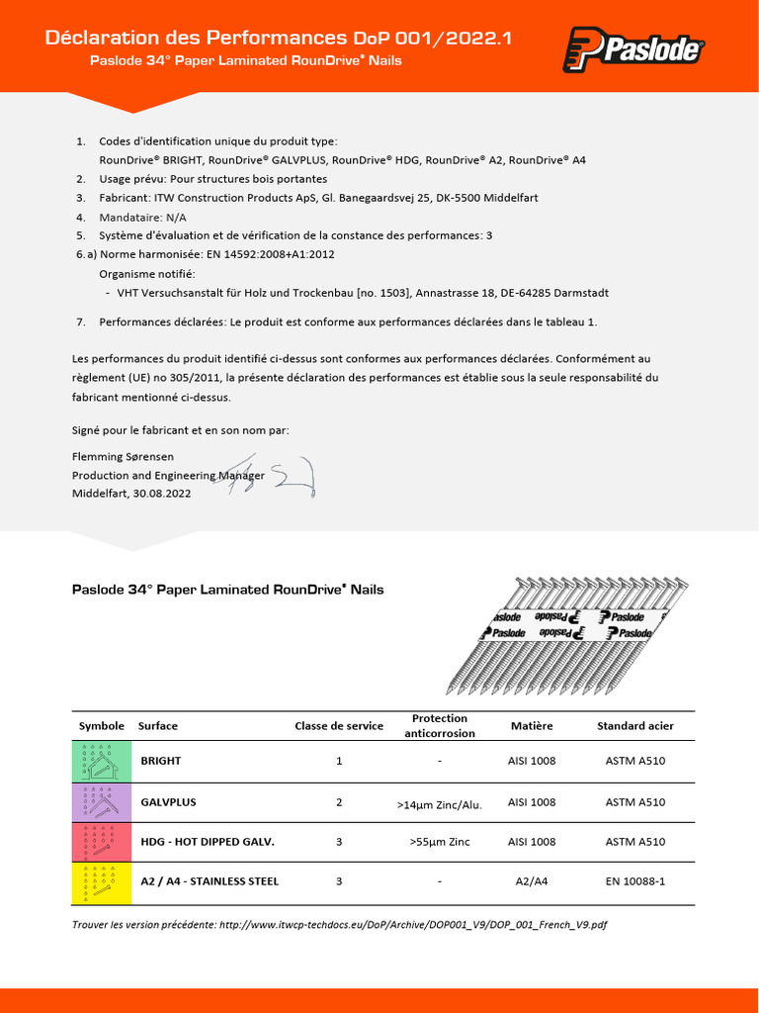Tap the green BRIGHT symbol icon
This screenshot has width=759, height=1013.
pyautogui.click(x=101, y=762)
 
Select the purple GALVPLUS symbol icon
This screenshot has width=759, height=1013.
pyautogui.click(x=101, y=802)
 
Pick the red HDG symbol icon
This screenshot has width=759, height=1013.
pyautogui.click(x=101, y=842)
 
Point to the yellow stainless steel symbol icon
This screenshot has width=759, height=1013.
pyautogui.click(x=101, y=881)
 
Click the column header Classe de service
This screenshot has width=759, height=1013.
pyautogui.click(x=339, y=726)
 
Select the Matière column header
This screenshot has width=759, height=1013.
pyautogui.click(x=532, y=726)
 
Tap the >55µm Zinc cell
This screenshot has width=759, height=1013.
pyautogui.click(x=439, y=842)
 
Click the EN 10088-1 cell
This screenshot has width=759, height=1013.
pyautogui.click(x=634, y=881)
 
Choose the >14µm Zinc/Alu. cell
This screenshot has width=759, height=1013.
pyautogui.click(x=439, y=804)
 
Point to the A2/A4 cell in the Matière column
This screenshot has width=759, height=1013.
pyautogui.click(x=532, y=881)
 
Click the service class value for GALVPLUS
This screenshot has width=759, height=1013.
pyautogui.click(x=339, y=802)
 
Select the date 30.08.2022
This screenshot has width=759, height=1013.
pyautogui.click(x=162, y=493)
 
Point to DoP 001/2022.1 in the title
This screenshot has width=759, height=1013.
pyautogui.click(x=433, y=39)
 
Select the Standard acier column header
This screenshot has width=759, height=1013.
pyautogui.click(x=634, y=726)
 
